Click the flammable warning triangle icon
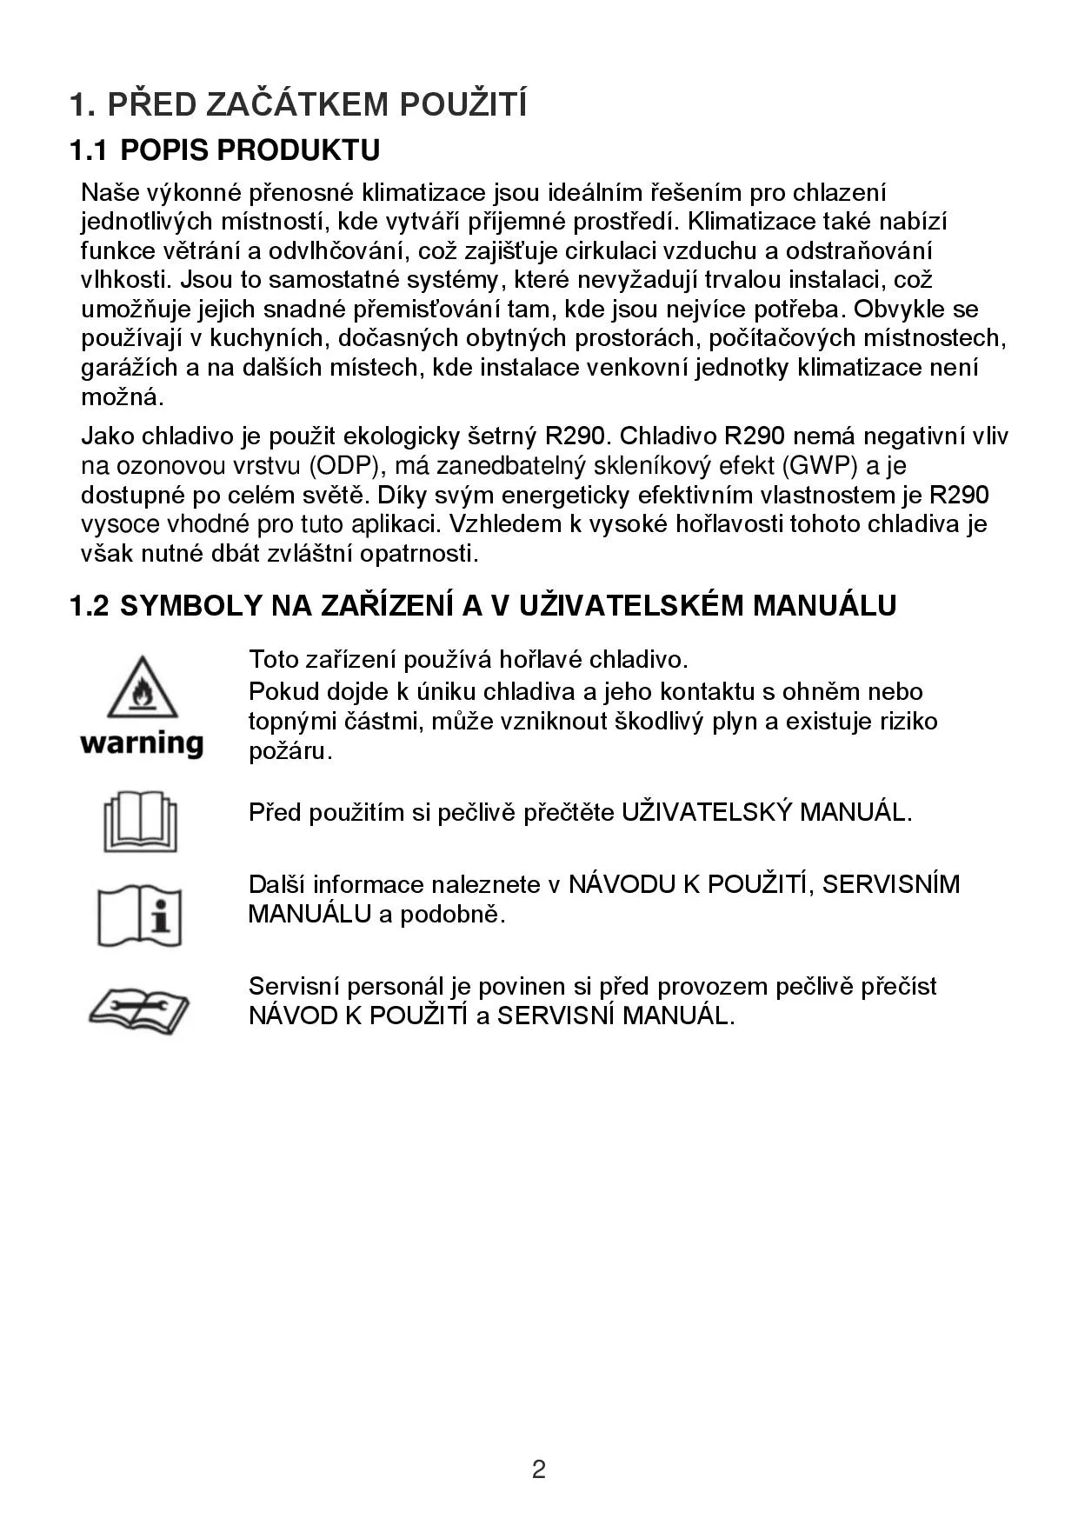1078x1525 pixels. [143, 688]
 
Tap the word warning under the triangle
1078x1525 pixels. [142, 743]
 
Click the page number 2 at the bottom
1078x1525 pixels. [539, 1469]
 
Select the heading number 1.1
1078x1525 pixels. [89, 150]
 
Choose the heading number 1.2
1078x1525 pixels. [90, 605]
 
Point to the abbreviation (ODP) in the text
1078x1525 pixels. [345, 466]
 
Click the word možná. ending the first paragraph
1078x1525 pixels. [123, 397]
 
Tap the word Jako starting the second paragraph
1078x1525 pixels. [108, 436]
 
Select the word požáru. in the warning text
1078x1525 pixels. [290, 751]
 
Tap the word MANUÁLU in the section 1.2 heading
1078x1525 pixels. [823, 605]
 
